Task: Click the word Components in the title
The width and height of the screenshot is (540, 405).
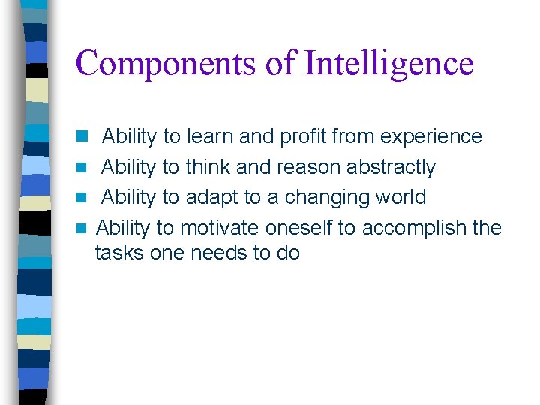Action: click(x=165, y=64)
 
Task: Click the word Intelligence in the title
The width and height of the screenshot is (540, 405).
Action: click(x=389, y=64)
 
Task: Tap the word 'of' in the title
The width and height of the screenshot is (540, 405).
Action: click(x=280, y=64)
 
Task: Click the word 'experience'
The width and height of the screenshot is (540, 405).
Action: click(x=431, y=137)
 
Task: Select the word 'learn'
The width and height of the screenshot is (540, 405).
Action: click(x=209, y=137)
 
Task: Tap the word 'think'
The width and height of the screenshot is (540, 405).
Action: click(x=209, y=167)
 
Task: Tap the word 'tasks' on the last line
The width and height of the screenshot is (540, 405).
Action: click(x=120, y=253)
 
